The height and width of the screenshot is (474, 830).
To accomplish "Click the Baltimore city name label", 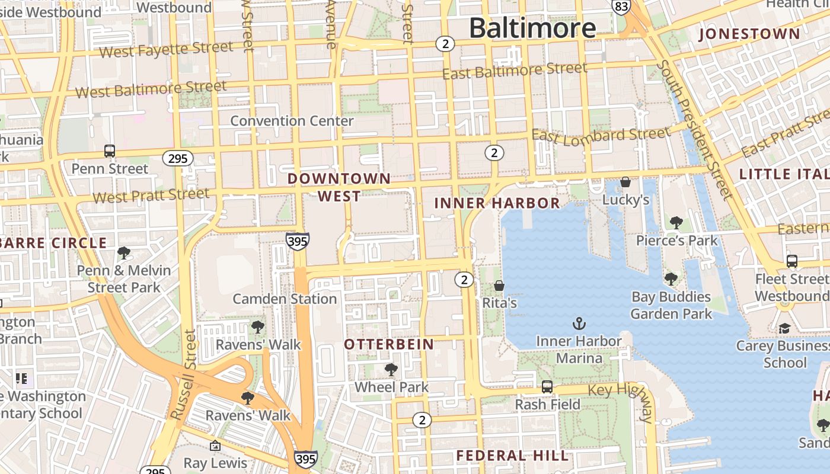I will (x=532, y=28).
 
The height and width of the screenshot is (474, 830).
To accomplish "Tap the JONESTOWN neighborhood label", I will (x=749, y=34).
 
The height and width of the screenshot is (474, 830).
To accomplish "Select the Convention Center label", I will (x=292, y=121).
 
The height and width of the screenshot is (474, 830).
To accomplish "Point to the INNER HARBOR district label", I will (x=497, y=203).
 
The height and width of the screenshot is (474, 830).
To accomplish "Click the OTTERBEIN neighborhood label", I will (x=389, y=344).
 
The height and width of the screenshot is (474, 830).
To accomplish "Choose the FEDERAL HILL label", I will (x=512, y=456).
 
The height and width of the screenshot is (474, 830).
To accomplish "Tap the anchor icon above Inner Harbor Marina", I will (x=579, y=324).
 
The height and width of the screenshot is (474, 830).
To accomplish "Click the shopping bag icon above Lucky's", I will (x=625, y=182).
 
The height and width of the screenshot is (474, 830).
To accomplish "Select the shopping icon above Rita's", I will (x=499, y=286).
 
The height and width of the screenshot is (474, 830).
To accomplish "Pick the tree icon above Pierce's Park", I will (x=676, y=223).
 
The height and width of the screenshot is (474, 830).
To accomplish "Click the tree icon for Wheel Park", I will (x=391, y=370).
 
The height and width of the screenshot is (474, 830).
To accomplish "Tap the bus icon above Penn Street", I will (x=110, y=151).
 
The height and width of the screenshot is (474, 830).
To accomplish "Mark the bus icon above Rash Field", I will (x=547, y=387).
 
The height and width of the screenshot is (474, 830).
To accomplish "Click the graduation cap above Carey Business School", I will (x=784, y=328).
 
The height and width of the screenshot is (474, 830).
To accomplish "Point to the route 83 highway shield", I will (x=621, y=7).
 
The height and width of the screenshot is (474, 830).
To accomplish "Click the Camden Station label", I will (x=285, y=299).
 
